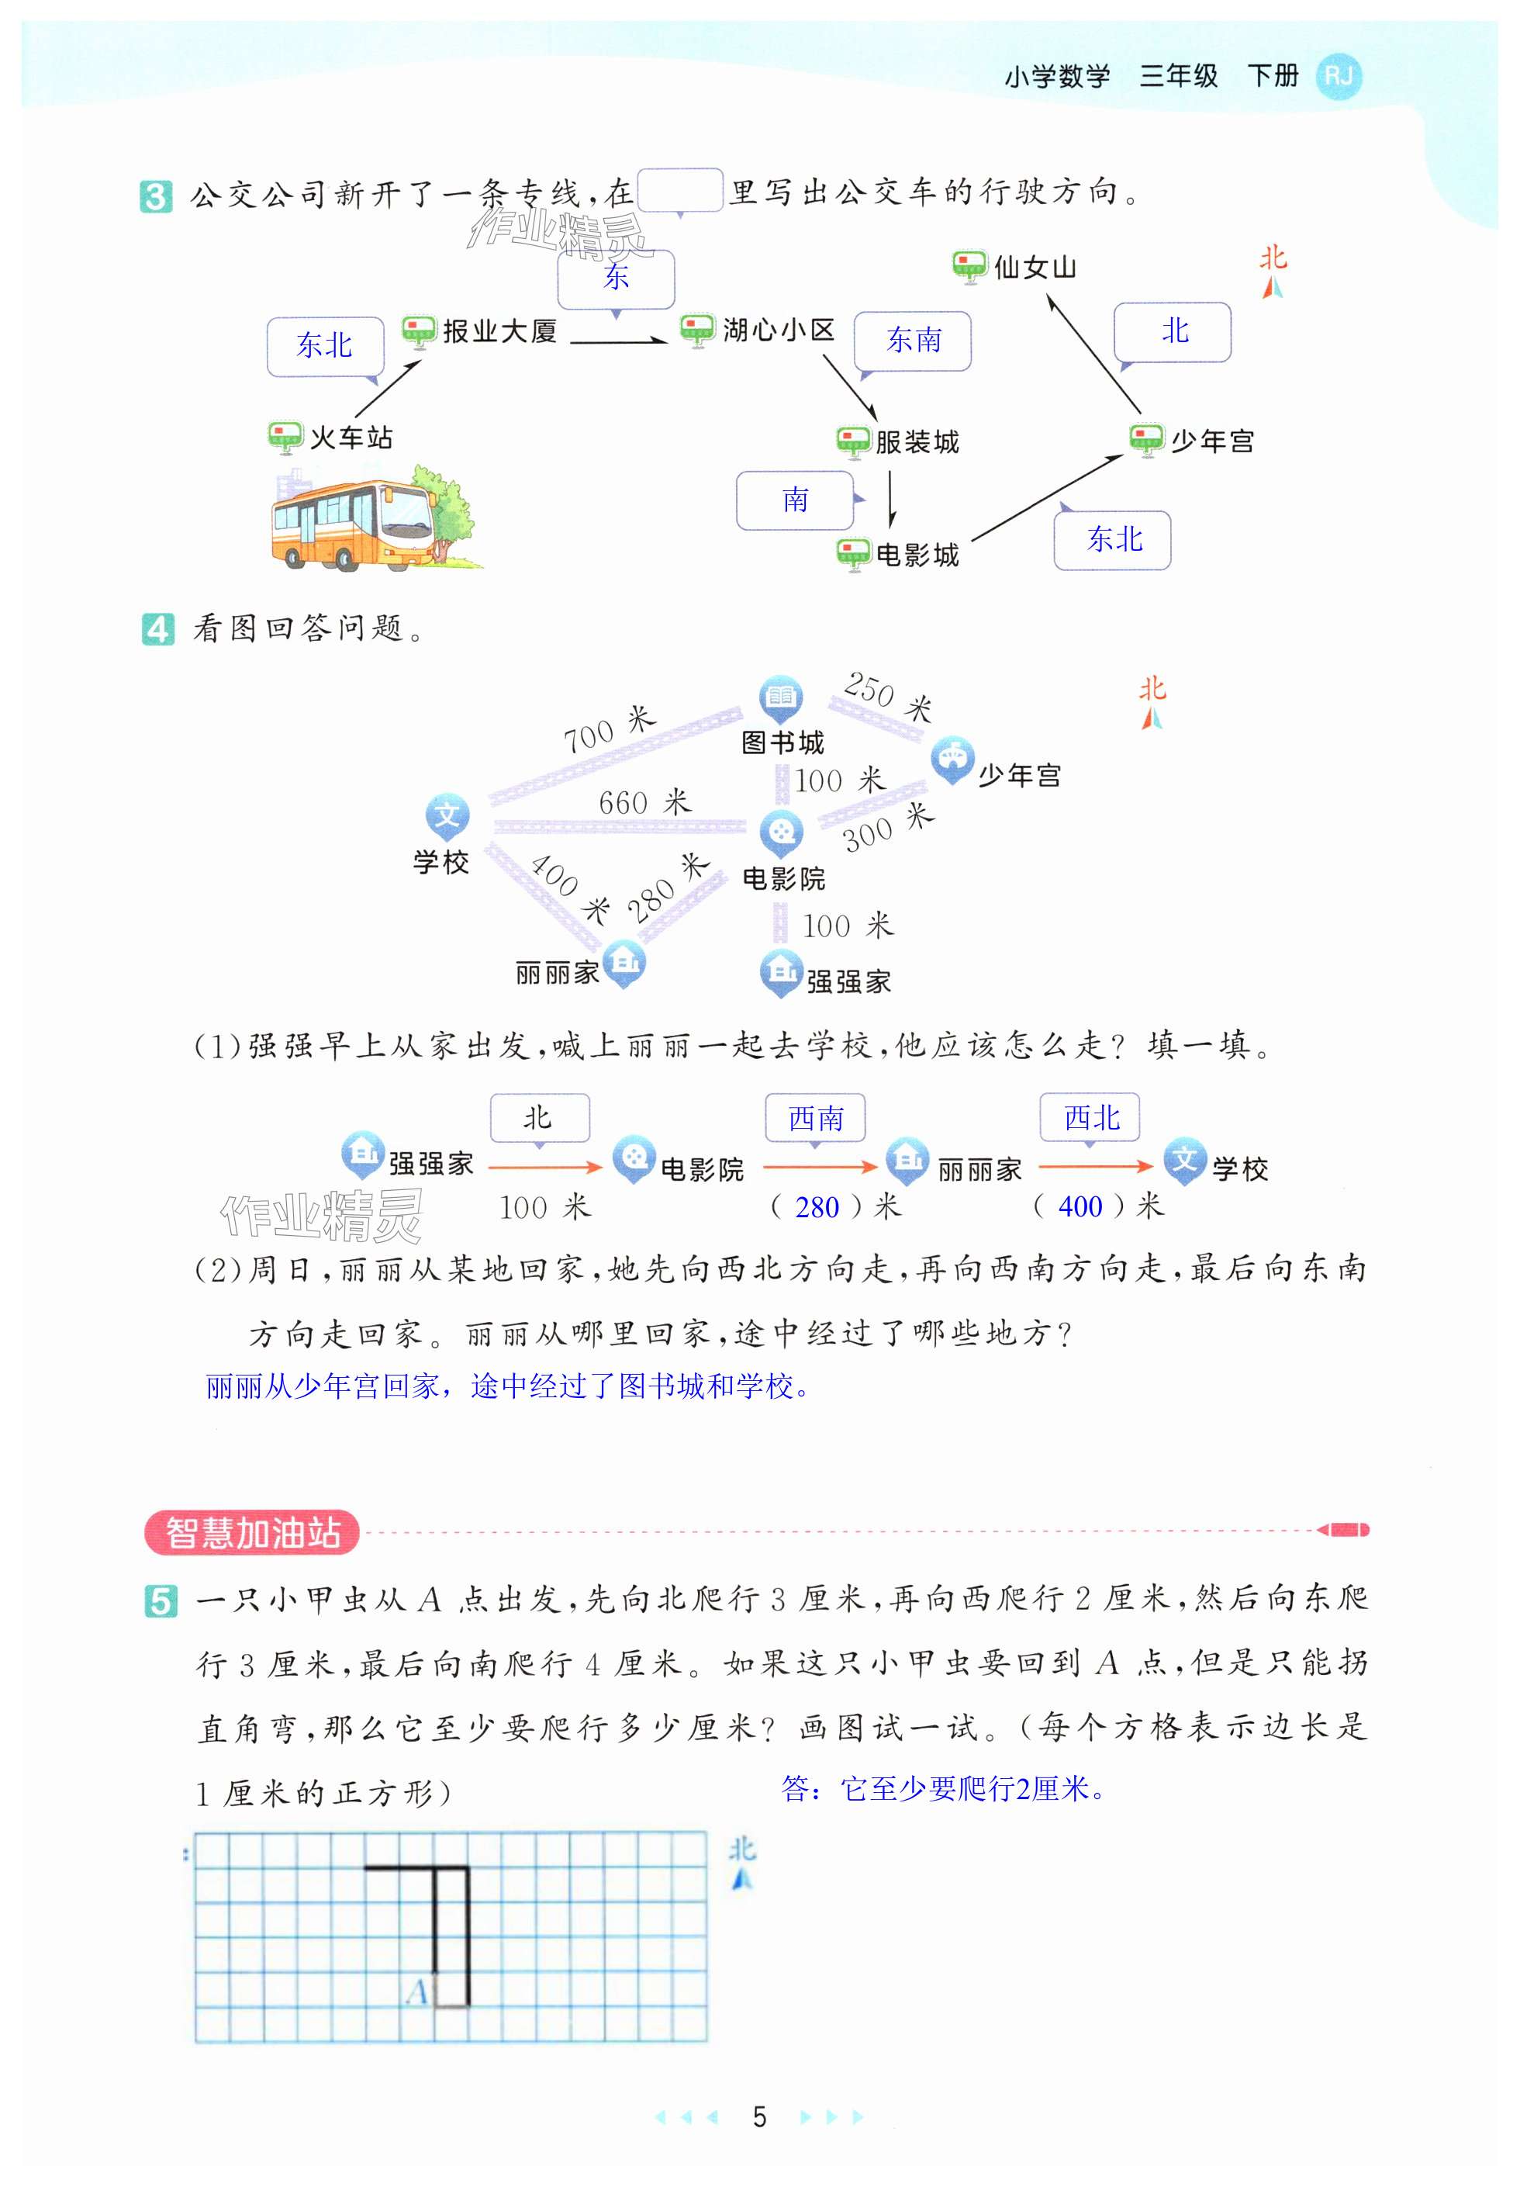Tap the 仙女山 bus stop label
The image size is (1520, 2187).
coord(1035,268)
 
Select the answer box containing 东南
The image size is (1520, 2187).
coord(912,340)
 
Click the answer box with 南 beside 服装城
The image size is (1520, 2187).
coord(794,500)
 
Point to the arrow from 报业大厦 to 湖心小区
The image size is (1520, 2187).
coord(618,340)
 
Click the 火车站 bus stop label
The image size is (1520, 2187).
coord(351,438)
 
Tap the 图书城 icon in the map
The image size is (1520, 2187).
coord(780,697)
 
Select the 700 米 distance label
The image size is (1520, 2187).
coord(610,729)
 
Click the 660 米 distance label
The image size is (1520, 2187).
coord(644,802)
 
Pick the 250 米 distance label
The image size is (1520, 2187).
coord(886,695)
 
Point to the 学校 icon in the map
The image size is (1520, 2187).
coord(447,816)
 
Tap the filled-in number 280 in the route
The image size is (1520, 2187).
coord(817,1207)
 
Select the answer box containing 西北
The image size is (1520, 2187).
coord(1090,1117)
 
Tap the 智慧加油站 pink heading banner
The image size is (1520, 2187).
coord(251,1533)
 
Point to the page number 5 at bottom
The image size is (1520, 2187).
coord(759,2116)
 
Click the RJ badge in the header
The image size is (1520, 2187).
coord(1338,76)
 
